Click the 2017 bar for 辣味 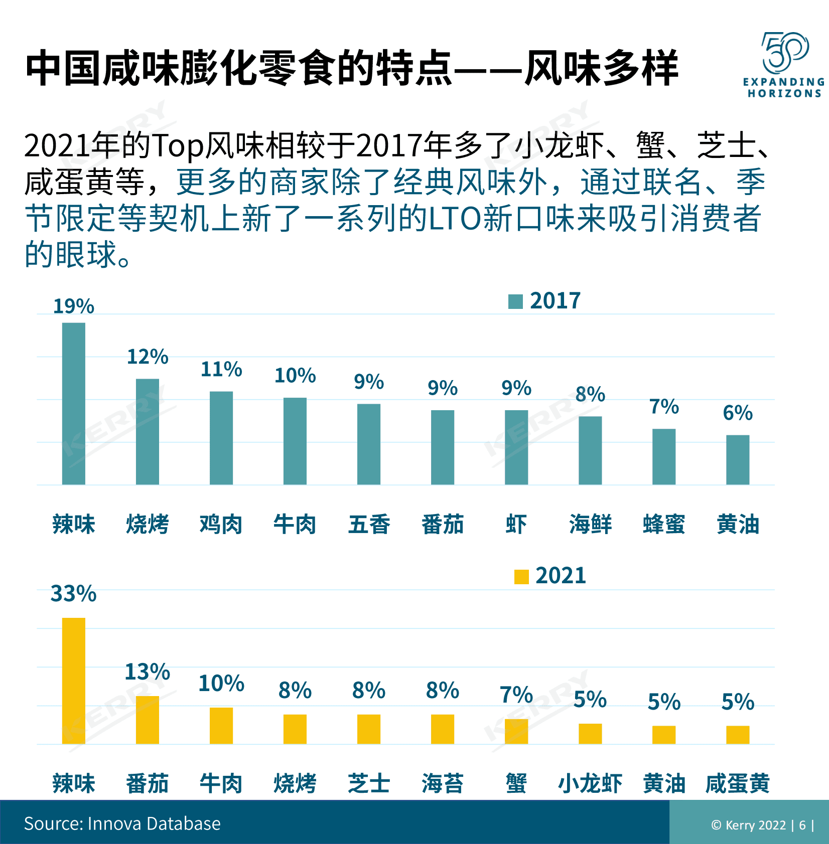pos(73,403)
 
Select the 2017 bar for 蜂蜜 pos(663,456)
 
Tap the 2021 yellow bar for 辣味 pos(73,681)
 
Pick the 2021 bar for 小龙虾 pos(590,734)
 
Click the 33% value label pos(73,594)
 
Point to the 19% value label pos(73,306)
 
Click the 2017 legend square pos(515,301)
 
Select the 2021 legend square pos(521,577)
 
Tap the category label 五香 pos(369,525)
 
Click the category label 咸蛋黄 pos(737,783)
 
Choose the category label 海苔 pos(442,783)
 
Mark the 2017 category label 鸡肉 pos(221,525)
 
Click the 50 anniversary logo pos(784,53)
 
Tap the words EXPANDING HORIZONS pos(784,88)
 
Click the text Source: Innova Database pos(122,823)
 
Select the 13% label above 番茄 pos(147,672)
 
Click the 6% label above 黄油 pos(737,413)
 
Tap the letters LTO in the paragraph pos(455,219)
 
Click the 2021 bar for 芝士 pos(369,729)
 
